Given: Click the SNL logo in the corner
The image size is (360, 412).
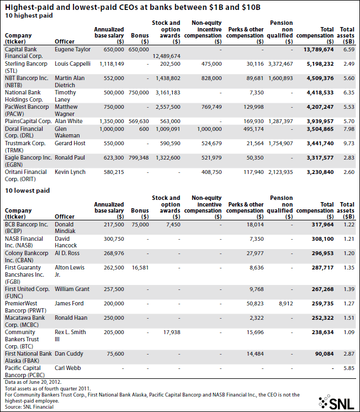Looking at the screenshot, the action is point(336,402).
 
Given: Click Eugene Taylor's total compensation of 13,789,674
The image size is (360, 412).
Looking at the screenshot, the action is point(319,49).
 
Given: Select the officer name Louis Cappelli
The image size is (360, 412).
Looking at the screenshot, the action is point(72,64).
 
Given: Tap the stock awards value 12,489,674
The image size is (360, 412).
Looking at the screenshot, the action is point(167,56).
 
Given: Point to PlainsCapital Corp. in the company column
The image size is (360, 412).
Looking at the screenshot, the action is point(28,121).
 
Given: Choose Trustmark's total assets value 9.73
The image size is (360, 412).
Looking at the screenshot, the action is point(349,144).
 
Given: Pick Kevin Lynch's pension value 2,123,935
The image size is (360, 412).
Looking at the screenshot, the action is point(280,172).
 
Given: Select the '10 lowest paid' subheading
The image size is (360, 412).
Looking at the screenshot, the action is point(27,191).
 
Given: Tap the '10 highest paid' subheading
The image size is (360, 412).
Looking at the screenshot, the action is point(29,15).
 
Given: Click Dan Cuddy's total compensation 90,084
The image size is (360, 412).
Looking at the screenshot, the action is point(325,354).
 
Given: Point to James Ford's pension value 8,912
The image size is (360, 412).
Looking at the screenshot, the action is point(286,304).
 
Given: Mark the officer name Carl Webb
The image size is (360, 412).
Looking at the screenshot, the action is point(68,368).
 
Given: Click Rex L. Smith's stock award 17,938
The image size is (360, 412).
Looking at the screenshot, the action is point(172,332).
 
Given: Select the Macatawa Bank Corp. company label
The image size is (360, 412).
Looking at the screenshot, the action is point(25,321).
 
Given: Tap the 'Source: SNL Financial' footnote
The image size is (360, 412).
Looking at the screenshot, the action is point(29,407).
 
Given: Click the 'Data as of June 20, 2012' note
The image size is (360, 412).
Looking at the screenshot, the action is point(33,382).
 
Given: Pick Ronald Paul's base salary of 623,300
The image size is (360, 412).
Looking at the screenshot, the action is point(114,158).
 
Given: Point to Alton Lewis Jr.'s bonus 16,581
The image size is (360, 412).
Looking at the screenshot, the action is point(140,268).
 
